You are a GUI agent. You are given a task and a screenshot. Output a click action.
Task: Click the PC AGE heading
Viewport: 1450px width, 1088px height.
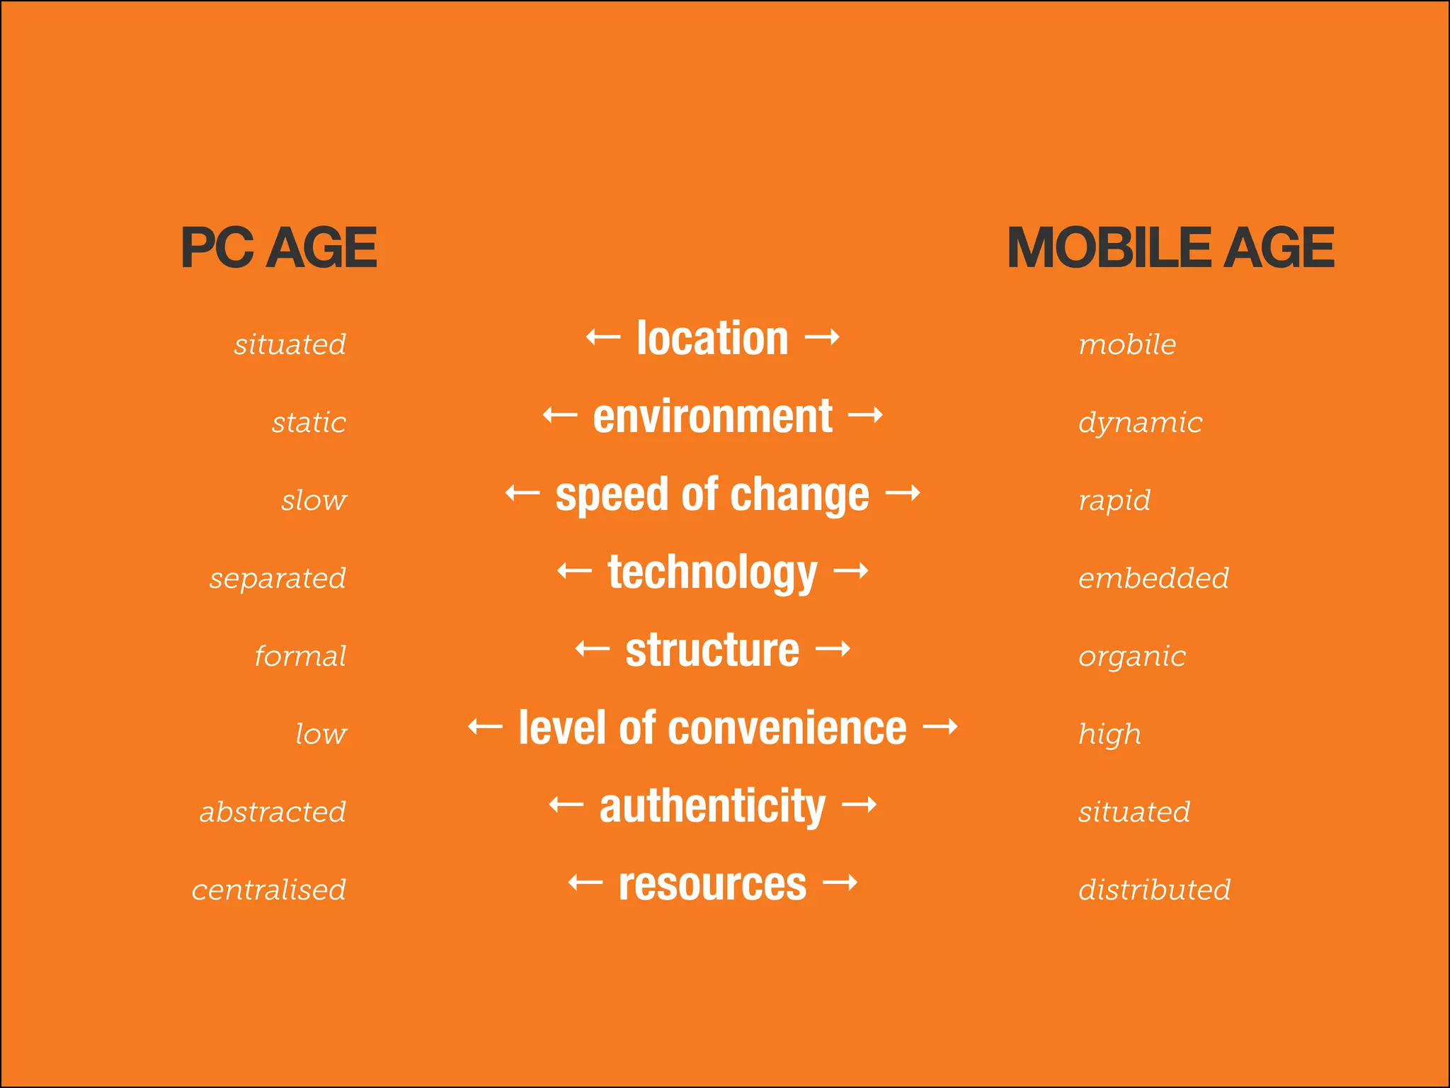pyautogui.click(x=278, y=248)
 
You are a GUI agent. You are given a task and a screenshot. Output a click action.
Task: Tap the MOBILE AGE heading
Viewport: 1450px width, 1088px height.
pyautogui.click(x=1170, y=248)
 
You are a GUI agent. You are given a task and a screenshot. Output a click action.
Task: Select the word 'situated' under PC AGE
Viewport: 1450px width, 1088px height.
pyautogui.click(x=290, y=344)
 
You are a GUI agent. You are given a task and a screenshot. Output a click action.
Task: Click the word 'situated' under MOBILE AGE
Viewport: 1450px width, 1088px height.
pyautogui.click(x=1134, y=812)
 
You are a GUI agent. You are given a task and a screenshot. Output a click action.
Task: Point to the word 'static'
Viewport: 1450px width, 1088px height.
pyautogui.click(x=309, y=423)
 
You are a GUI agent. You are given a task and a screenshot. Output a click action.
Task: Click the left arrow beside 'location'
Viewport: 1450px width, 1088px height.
pyautogui.click(x=603, y=337)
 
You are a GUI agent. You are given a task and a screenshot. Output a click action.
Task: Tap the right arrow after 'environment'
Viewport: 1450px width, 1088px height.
pyautogui.click(x=865, y=414)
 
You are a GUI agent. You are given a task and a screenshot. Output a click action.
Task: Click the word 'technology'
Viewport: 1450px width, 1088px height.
pyautogui.click(x=712, y=572)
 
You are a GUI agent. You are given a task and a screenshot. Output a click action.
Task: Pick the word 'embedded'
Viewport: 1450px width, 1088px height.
pyautogui.click(x=1153, y=578)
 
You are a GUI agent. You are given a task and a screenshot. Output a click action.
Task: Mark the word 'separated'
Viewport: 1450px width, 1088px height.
pyautogui.click(x=278, y=579)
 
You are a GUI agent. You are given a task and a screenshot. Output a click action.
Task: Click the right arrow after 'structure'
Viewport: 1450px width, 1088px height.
pyautogui.click(x=833, y=649)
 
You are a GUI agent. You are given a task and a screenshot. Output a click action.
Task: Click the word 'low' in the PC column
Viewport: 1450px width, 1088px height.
pyautogui.click(x=321, y=734)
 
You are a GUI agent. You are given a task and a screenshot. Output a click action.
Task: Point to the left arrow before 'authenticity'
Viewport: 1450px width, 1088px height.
pyautogui.click(x=566, y=805)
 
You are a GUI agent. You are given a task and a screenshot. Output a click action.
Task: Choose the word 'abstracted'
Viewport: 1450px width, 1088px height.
pyautogui.click(x=273, y=812)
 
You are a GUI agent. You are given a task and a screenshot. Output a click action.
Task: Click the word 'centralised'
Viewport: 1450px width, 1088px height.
pyautogui.click(x=269, y=890)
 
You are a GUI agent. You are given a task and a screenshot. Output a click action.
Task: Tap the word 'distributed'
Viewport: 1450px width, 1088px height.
pyautogui.click(x=1154, y=890)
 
